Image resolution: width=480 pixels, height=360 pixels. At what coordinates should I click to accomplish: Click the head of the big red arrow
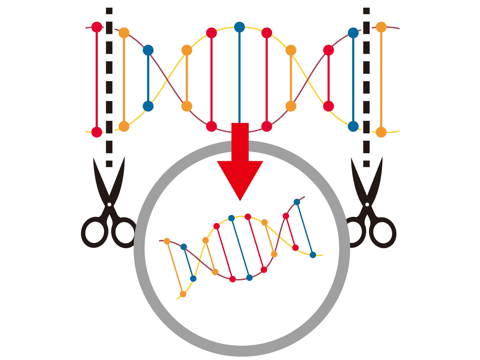pos(240,177)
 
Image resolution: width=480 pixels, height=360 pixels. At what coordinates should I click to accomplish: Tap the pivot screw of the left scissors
pos(109,204)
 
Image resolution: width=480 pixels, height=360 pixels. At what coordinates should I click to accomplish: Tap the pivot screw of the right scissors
pos(367,204)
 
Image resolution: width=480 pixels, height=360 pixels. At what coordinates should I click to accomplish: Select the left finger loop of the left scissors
pos(94,233)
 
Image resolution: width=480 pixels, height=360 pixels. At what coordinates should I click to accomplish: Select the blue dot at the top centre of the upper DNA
pos(239,27)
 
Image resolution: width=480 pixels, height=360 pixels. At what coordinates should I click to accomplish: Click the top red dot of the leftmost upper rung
pos(97,27)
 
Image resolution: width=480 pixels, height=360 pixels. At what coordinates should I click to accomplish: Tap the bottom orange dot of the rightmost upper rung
pos(381,132)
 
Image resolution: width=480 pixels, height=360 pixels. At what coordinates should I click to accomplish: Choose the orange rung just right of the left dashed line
pos(124,79)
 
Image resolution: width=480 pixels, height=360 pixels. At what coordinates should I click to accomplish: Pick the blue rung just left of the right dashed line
pos(353,79)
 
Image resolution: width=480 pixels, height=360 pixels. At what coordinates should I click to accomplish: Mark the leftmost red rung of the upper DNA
pos(97,79)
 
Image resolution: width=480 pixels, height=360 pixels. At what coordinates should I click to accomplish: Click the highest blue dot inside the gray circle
pos(297,202)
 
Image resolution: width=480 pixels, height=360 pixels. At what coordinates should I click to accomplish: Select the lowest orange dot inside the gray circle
pos(183,294)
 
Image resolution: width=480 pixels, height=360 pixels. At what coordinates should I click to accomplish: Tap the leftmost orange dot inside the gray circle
pos(167,241)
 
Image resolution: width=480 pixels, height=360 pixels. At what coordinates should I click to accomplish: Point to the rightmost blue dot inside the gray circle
pos(313,255)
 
